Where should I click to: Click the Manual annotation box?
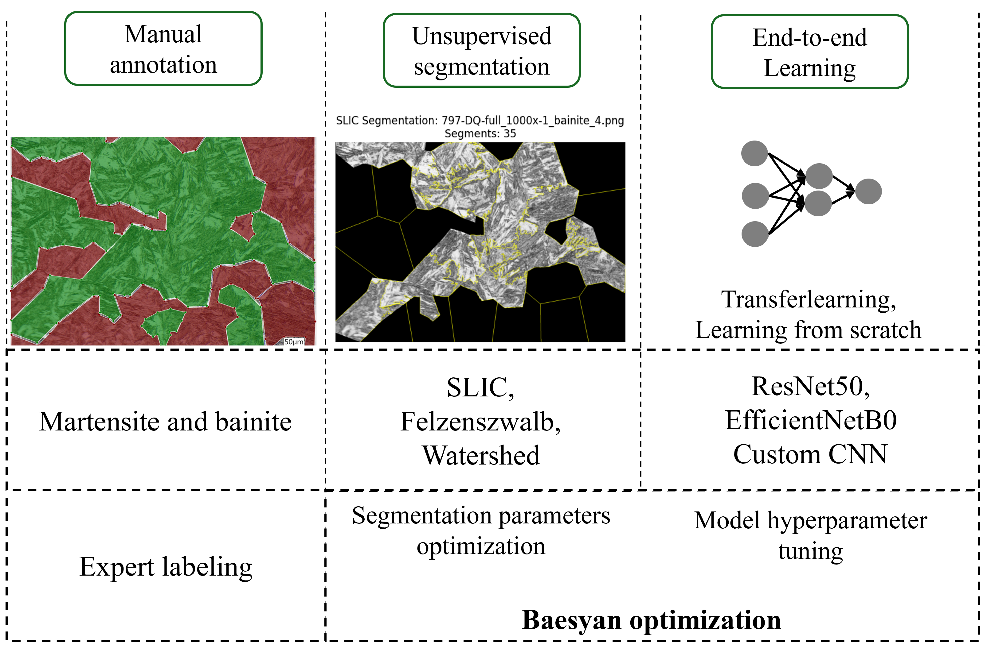tap(163, 48)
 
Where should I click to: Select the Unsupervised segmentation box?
tap(481, 51)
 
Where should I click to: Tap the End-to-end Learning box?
tap(809, 52)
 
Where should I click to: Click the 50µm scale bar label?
tap(294, 342)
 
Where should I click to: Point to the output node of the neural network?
tap(868, 191)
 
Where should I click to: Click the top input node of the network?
tap(754, 153)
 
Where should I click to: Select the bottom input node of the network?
tap(755, 234)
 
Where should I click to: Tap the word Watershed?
tap(481, 455)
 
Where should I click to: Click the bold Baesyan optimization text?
tap(651, 620)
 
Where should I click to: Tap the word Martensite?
tap(100, 422)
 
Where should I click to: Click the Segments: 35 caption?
tap(480, 133)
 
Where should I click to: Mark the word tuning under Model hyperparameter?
tap(810, 551)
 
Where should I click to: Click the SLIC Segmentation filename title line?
tap(480, 120)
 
